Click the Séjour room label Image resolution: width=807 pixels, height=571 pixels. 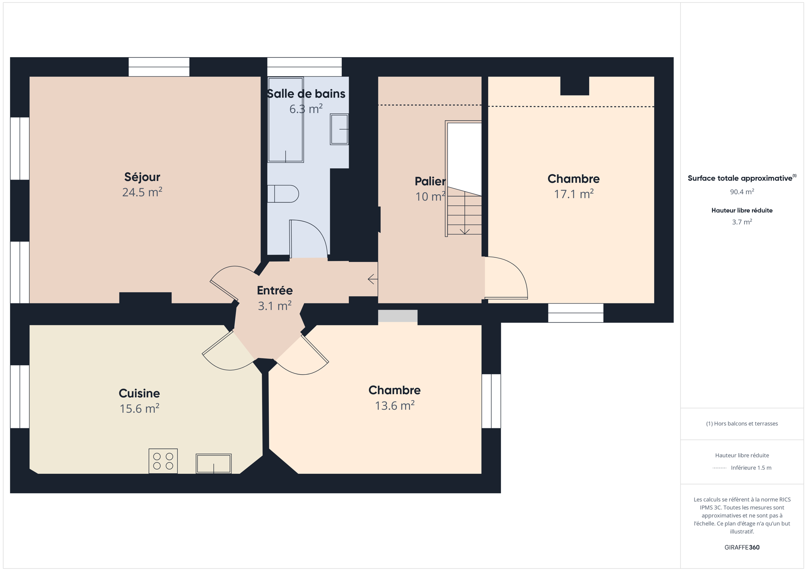point(142,177)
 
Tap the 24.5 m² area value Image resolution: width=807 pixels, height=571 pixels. point(142,192)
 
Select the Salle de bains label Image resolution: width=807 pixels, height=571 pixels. point(306,94)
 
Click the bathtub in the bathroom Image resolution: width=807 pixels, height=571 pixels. point(286,120)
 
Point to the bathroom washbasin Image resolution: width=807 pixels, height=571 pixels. point(339,129)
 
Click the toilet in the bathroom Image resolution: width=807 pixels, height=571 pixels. point(283,194)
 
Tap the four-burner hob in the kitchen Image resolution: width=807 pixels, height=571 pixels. point(163,461)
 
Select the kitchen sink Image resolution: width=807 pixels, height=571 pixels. point(214,464)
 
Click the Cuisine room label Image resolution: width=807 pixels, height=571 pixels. point(139,393)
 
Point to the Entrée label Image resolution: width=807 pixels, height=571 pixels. point(275,290)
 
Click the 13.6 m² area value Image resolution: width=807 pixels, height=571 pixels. point(395,406)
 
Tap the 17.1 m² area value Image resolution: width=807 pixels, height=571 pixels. point(573,194)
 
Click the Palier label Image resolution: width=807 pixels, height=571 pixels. point(430,181)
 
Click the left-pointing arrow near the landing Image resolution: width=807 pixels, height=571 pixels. point(373,279)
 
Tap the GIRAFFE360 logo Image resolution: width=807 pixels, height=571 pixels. point(742,547)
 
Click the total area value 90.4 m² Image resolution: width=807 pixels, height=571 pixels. point(742,192)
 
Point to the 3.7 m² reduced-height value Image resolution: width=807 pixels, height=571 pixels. point(742,222)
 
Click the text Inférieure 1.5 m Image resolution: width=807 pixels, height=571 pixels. point(751,468)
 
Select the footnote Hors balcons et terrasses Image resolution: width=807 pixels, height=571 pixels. point(742,423)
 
